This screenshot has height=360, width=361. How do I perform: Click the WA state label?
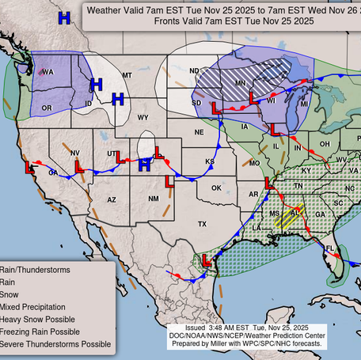coord(47,72)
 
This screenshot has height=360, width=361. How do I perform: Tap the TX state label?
coord(202,225)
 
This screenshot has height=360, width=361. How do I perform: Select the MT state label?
coord(127,75)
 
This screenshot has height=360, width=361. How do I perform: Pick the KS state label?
coord(210,161)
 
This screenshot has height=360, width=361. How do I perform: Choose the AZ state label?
coord(112,199)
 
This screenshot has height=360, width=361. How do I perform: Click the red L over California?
coord(30,169)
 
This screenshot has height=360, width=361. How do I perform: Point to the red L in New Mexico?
coord(169,181)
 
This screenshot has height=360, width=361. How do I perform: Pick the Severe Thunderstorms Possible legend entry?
coord(55,344)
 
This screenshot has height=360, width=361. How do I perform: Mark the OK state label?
coord(215,188)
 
